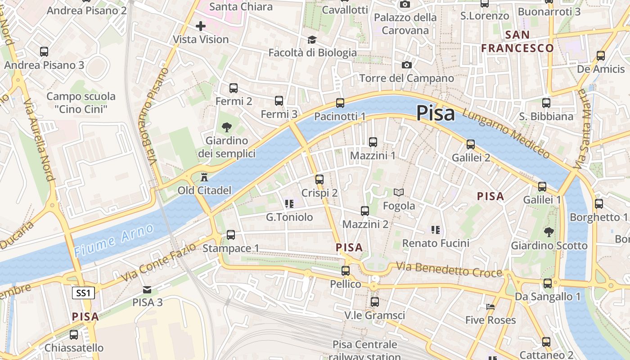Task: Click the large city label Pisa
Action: pos(435,113)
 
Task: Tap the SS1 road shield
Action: pos(83,293)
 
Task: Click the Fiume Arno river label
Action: pos(114,240)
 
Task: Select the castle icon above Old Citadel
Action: pos(204,176)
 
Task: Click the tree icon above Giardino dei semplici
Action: pos(227,127)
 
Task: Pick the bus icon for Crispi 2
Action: pos(319,179)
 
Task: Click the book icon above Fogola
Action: pos(399,193)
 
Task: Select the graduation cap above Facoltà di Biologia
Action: pos(312,40)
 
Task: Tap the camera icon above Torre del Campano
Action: pos(406,65)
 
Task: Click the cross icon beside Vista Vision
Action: pos(201,26)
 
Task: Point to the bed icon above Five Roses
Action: pos(490,307)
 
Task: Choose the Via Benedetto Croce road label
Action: pos(449,270)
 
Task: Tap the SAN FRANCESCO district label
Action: pos(517,41)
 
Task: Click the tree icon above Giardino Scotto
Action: pos(549,232)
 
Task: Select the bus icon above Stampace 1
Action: pos(231,234)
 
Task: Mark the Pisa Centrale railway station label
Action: pos(364,351)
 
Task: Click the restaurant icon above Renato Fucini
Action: pos(435,230)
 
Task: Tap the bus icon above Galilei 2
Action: pos(471,144)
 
